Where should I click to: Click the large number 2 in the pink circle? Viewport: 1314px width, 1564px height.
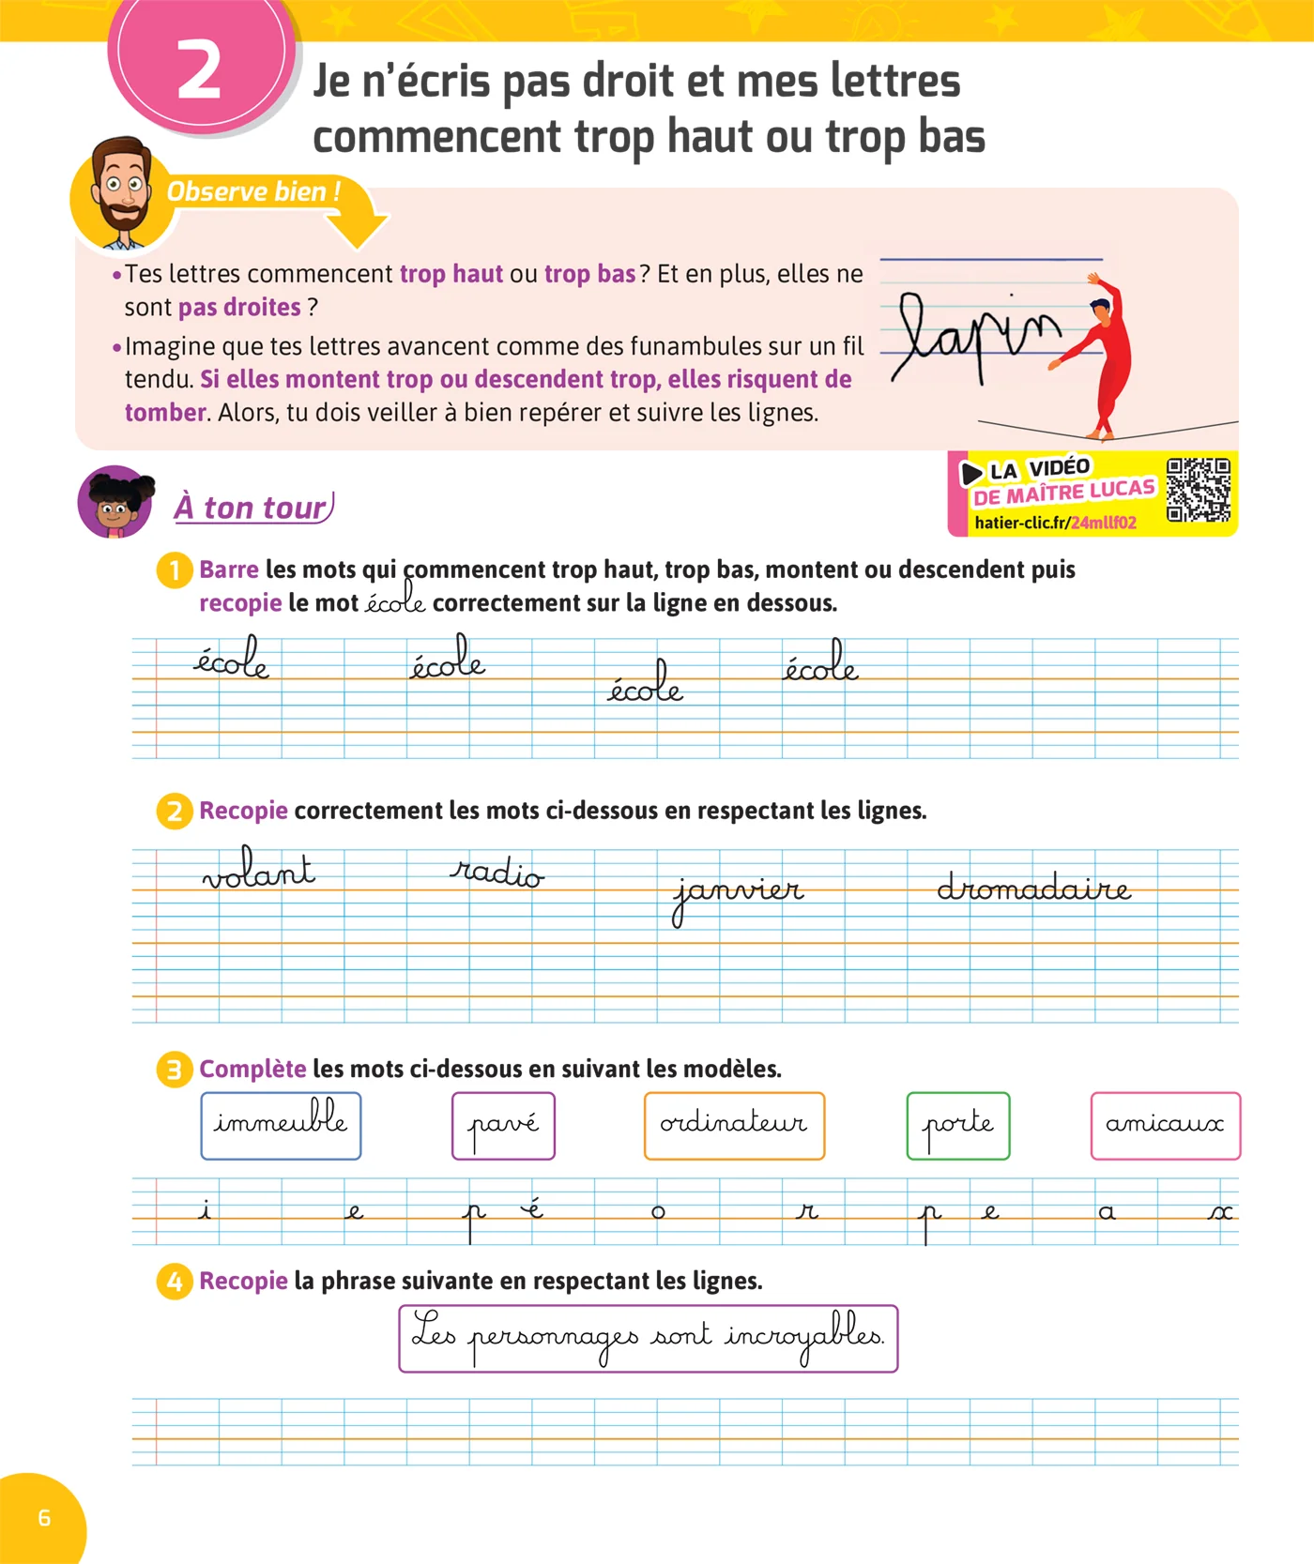[x=199, y=71]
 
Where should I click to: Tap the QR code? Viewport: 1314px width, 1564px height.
[x=1198, y=490]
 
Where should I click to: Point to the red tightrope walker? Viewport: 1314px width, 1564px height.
[x=1102, y=356]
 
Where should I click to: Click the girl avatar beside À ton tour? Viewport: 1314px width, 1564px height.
[x=115, y=503]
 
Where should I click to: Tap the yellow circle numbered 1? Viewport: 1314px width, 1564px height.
[x=175, y=570]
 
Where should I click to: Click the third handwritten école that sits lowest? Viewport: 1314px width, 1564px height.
[x=645, y=681]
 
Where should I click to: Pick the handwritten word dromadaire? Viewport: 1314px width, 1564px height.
[x=1033, y=887]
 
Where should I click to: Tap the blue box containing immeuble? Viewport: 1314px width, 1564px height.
[x=281, y=1125]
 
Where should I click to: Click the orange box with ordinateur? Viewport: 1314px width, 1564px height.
[x=734, y=1125]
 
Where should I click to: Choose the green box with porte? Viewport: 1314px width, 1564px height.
[x=958, y=1125]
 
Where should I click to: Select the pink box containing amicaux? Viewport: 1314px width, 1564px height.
[x=1166, y=1125]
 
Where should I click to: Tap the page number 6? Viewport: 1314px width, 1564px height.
[x=44, y=1518]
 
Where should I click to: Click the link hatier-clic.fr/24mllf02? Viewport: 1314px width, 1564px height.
[x=1055, y=523]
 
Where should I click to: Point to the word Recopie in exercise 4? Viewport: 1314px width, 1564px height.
[x=243, y=1282]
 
